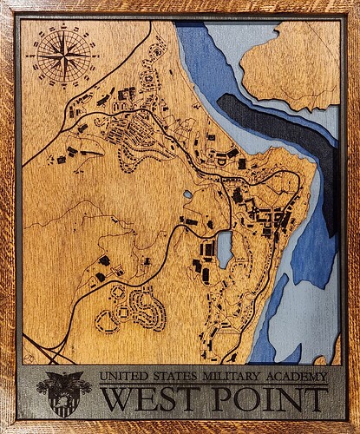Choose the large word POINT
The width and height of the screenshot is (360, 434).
[270, 399]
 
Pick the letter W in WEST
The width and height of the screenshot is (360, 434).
[117, 399]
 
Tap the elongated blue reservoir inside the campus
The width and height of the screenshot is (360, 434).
[224, 249]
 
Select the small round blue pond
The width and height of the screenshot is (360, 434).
[187, 194]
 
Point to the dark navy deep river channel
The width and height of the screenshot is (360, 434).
[286, 126]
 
